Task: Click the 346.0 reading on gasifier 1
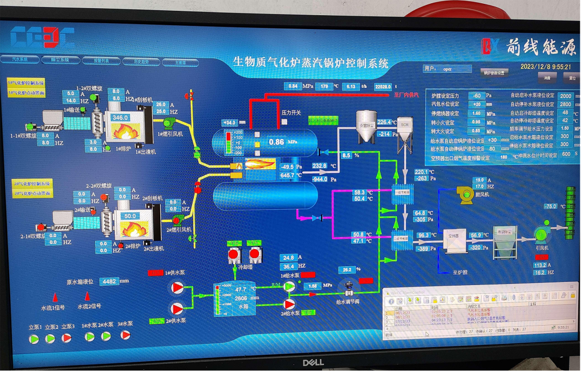pos(120,118)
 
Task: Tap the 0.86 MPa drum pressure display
pos(276,142)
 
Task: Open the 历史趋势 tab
pos(140,61)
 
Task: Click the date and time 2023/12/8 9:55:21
pos(545,67)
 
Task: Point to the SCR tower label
pos(405,125)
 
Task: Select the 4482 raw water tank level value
pos(110,281)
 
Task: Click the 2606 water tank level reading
pos(241,298)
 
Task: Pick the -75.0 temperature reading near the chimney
pos(550,206)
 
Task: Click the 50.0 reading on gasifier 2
pos(130,216)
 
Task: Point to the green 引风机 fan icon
pos(541,233)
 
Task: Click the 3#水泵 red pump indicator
pos(125,335)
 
